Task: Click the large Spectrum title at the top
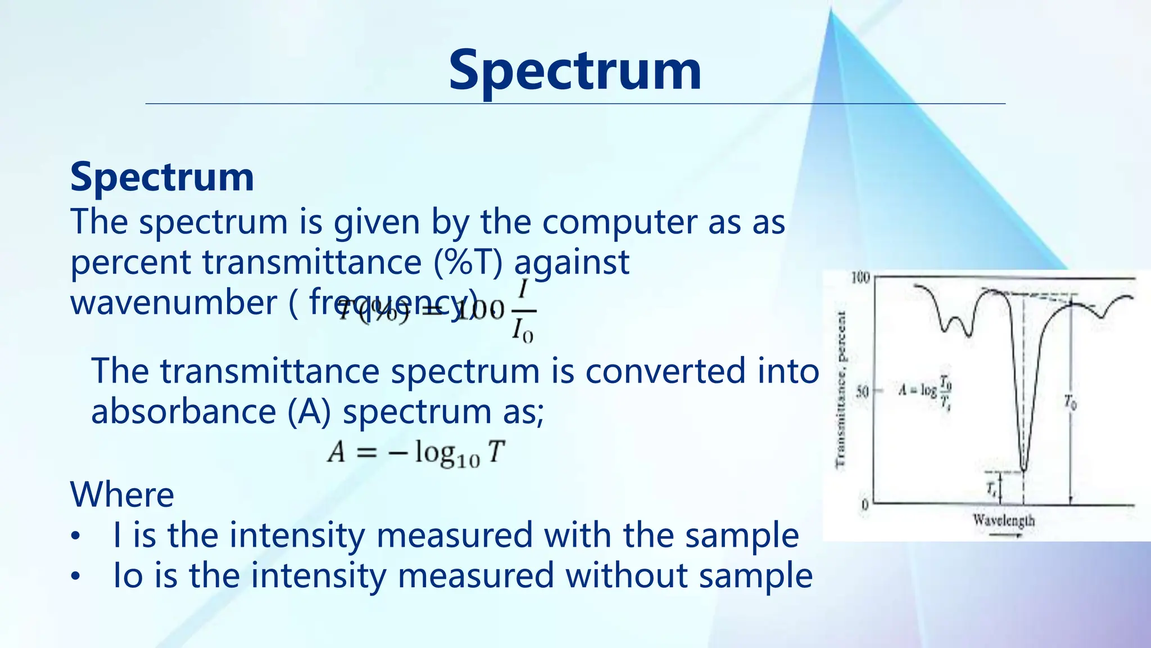pos(574,70)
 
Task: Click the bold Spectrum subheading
pos(162,177)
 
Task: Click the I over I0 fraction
pos(522,311)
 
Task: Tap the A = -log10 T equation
pos(416,452)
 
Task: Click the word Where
pos(122,495)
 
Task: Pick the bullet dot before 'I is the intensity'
pos(76,537)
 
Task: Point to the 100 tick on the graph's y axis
pos(860,278)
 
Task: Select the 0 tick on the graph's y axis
pos(865,505)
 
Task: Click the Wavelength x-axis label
pos(1004,520)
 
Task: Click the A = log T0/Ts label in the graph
pos(925,389)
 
